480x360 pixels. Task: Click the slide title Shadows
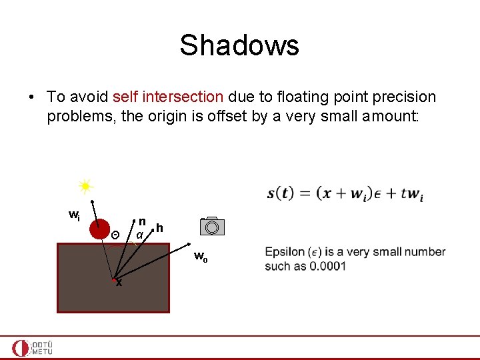pos(239,46)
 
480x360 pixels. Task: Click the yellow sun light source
pos(85,186)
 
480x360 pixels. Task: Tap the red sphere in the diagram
pos(99,228)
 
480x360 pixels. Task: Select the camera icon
pos(212,226)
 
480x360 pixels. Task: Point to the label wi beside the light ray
pos(75,215)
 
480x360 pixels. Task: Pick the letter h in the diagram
pos(159,228)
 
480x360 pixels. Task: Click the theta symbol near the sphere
pos(115,235)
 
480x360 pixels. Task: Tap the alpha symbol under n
pos(139,235)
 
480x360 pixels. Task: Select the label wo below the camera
pos(201,257)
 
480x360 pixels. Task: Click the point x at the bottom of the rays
pos(118,283)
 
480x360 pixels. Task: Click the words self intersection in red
pos(167,97)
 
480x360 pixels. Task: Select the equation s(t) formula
pos(345,194)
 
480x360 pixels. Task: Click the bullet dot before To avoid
pos(32,97)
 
